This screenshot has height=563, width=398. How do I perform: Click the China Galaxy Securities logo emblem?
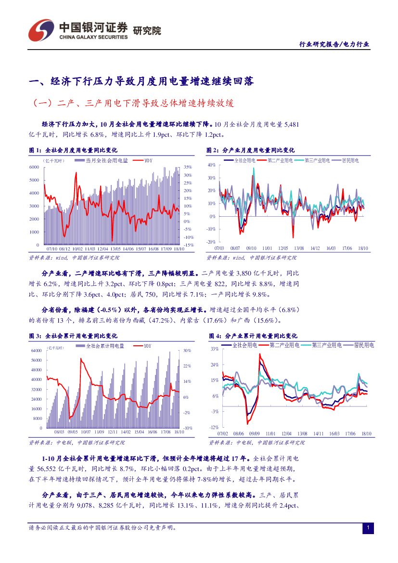[x=40, y=30]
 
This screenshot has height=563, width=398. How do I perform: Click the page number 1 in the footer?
[x=368, y=528]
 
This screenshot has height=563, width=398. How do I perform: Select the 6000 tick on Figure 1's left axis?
[x=34, y=167]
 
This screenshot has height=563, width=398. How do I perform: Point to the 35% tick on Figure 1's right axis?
[x=188, y=167]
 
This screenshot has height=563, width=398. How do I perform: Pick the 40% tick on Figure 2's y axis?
[x=211, y=165]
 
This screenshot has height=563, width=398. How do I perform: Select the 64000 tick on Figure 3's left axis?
[x=36, y=351]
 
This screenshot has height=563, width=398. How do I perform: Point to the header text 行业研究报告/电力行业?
[x=334, y=44]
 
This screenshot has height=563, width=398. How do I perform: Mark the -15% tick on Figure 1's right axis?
[x=188, y=245]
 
